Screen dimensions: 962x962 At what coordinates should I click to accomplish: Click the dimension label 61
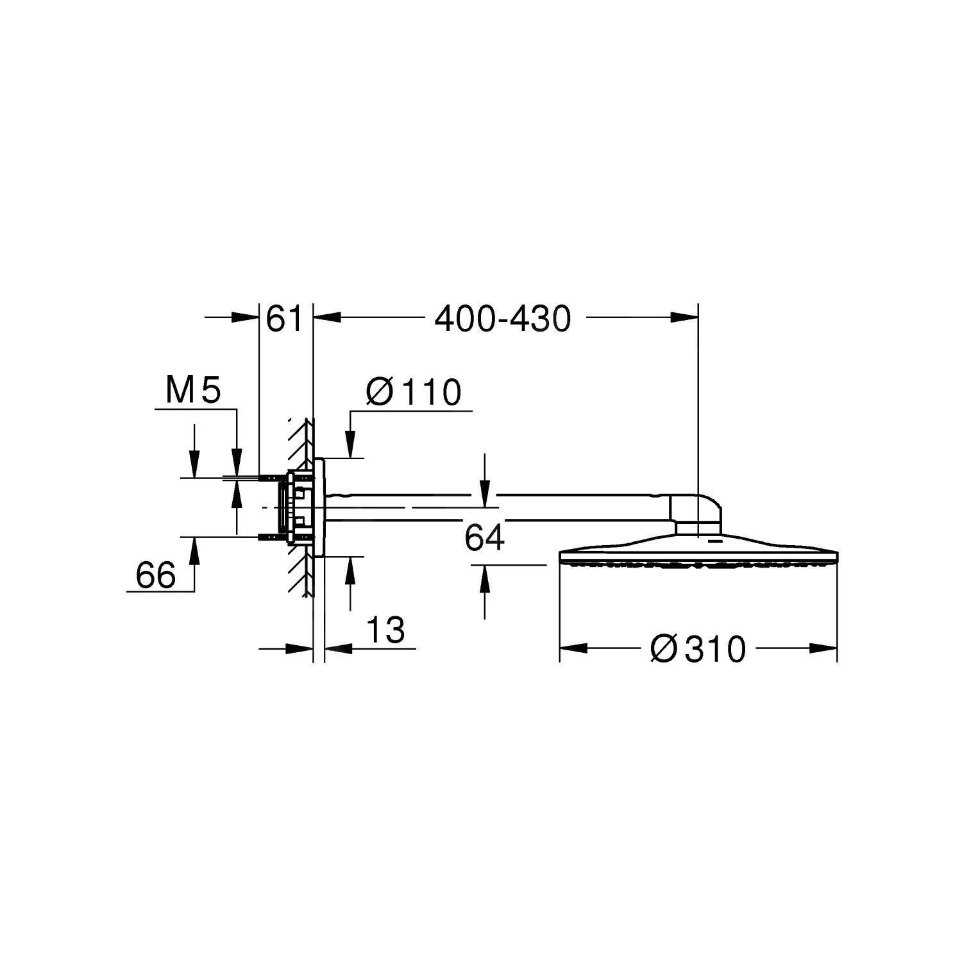pos(284,319)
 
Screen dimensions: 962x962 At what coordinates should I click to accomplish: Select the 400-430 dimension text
pos(502,319)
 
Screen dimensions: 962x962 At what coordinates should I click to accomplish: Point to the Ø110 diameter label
pos(413,392)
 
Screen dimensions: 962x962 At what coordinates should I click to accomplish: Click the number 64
pos(484,538)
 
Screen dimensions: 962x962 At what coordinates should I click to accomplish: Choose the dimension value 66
pos(155,575)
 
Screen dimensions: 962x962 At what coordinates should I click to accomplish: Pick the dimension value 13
pos(387,630)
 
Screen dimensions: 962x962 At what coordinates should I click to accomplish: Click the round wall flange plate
pos(319,507)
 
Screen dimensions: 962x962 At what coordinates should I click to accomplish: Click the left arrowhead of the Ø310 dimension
pos(573,648)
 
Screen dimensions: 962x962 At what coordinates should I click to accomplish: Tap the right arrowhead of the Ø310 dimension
pos(824,648)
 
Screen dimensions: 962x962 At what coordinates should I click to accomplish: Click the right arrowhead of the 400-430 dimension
pos(684,316)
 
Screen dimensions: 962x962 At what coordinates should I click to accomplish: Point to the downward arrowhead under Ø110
pos(350,446)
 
